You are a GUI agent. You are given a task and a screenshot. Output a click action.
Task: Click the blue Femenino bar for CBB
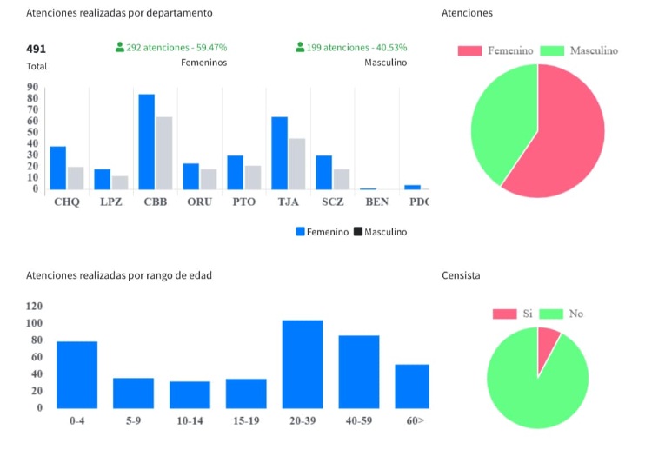click(x=146, y=142)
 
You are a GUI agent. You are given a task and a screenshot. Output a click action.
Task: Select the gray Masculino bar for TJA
click(x=297, y=163)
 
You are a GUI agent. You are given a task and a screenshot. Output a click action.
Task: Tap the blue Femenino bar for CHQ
click(x=57, y=168)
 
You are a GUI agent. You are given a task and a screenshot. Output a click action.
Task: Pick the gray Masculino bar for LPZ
click(x=120, y=182)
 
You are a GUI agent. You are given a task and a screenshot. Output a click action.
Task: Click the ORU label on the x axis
click(x=200, y=202)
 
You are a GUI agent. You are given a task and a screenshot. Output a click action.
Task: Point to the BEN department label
click(x=377, y=202)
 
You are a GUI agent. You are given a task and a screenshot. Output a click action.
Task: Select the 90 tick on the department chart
click(x=32, y=87)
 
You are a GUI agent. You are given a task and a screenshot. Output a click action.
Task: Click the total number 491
click(x=37, y=49)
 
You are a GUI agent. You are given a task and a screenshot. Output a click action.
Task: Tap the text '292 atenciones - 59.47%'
click(x=176, y=48)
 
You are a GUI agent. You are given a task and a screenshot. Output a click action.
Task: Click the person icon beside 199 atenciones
click(x=300, y=48)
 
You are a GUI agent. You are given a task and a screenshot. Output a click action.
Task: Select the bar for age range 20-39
click(x=302, y=364)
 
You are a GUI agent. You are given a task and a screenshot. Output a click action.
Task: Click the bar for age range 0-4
click(x=76, y=374)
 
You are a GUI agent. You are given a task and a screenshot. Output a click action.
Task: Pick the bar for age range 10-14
click(x=190, y=394)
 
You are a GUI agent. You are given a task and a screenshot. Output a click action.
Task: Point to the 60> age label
click(x=415, y=421)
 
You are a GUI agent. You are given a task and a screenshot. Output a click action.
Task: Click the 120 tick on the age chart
click(x=35, y=307)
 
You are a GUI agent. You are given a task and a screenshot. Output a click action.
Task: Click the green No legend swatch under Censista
click(x=550, y=314)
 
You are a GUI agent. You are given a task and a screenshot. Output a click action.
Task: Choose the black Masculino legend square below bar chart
click(x=357, y=232)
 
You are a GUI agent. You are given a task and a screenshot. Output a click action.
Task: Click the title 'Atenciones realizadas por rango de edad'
click(x=119, y=275)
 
